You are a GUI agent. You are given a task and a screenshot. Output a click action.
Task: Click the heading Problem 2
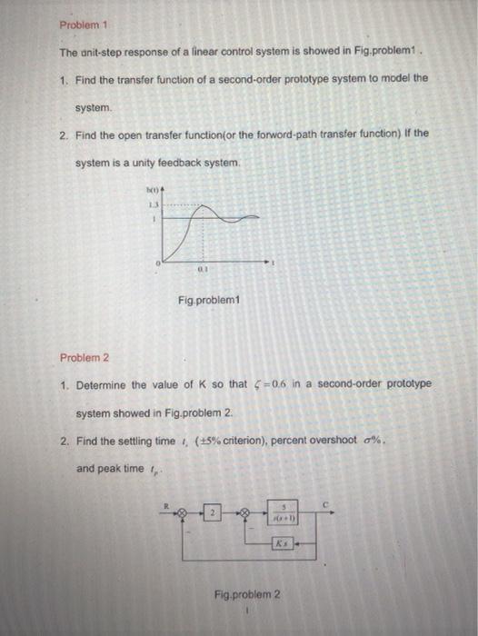(80, 357)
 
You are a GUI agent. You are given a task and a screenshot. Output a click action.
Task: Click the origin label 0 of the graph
(156, 262)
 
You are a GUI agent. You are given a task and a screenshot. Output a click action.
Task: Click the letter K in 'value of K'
(217, 385)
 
